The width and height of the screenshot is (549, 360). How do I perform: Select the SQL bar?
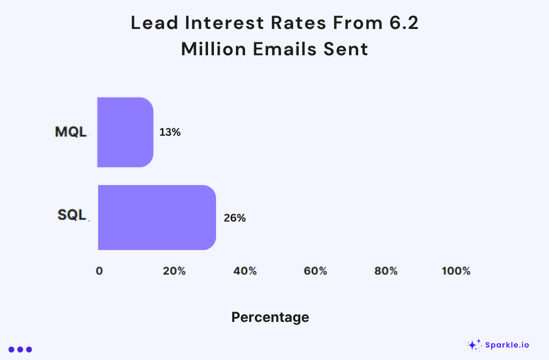coord(157,217)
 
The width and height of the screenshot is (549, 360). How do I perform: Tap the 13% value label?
coord(170,132)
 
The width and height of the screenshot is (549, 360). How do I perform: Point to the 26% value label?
coord(235,218)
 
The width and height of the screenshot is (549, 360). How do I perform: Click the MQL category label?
coord(71,132)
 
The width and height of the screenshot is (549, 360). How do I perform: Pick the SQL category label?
coord(72,215)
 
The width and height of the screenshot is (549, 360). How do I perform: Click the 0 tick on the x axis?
coord(99,271)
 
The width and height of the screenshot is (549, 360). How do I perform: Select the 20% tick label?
coord(174,271)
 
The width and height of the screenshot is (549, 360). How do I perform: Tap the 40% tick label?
coord(245,271)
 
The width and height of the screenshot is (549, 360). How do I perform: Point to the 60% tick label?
coord(315,271)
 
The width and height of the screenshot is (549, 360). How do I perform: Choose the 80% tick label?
coord(386,271)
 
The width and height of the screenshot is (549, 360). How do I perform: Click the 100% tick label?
coord(456,271)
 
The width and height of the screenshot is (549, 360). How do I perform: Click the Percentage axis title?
coord(270,317)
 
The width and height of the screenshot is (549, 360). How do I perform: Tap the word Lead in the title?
coord(151,23)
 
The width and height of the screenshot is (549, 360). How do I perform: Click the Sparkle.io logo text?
coord(507,345)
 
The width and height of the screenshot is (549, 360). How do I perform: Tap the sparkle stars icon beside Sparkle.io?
coord(474,344)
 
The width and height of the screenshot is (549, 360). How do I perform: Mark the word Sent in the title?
coord(348,49)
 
